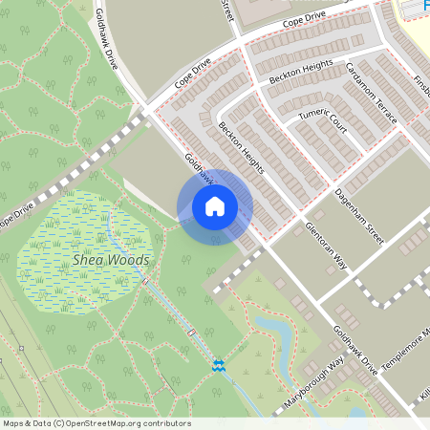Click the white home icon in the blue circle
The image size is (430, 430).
[215, 206]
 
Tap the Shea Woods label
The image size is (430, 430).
[111, 260]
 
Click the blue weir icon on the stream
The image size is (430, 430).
[219, 364]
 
